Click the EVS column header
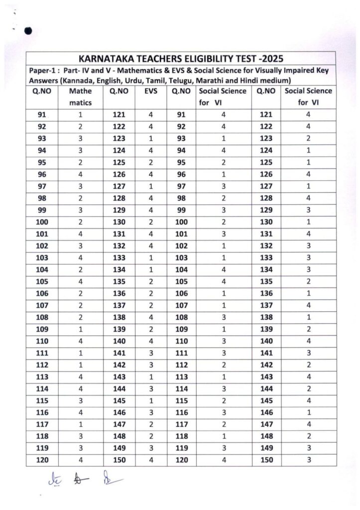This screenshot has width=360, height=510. [151, 91]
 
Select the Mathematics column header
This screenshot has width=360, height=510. [80, 97]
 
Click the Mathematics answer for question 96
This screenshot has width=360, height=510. [80, 175]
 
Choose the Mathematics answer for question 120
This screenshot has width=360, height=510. [80, 460]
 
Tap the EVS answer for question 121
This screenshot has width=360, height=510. [151, 115]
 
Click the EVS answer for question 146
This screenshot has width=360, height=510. [151, 413]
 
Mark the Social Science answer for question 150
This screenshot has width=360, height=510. [309, 460]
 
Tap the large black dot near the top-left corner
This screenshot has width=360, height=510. [28, 32]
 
